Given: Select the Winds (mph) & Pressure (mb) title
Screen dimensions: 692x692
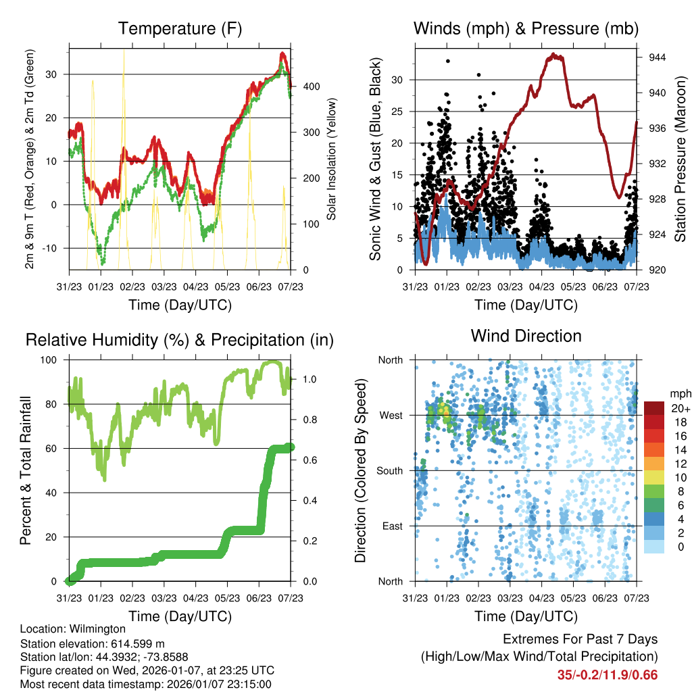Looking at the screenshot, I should click(x=526, y=29).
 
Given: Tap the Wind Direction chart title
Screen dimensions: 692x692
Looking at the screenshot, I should click(x=526, y=336).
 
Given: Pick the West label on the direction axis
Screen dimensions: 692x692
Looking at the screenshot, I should click(x=391, y=415).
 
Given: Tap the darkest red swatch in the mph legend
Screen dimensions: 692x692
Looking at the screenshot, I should click(x=654, y=408).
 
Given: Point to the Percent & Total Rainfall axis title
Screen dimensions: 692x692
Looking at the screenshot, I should click(x=26, y=470).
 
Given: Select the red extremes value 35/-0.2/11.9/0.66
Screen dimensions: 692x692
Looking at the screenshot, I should click(x=607, y=675).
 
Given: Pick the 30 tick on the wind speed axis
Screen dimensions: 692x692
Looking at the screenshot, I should click(x=398, y=80).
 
